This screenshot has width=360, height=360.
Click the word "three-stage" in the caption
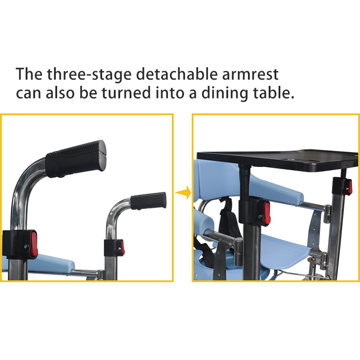[x=89, y=74]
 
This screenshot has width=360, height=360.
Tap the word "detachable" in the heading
[x=176, y=74]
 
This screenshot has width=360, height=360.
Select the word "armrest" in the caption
[x=250, y=74]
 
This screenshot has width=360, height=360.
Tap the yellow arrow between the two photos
[x=183, y=193]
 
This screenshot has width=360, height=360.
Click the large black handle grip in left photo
[x=76, y=159]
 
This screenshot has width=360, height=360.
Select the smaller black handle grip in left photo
[x=148, y=201]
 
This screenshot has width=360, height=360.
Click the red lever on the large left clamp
[x=34, y=244]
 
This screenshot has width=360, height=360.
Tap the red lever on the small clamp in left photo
[x=122, y=247]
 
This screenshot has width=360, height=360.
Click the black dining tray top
[x=278, y=160]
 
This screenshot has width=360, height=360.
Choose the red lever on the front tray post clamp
[x=267, y=213]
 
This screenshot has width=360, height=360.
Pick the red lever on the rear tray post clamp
[x=350, y=187]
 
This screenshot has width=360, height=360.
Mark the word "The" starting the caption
[x=29, y=74]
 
